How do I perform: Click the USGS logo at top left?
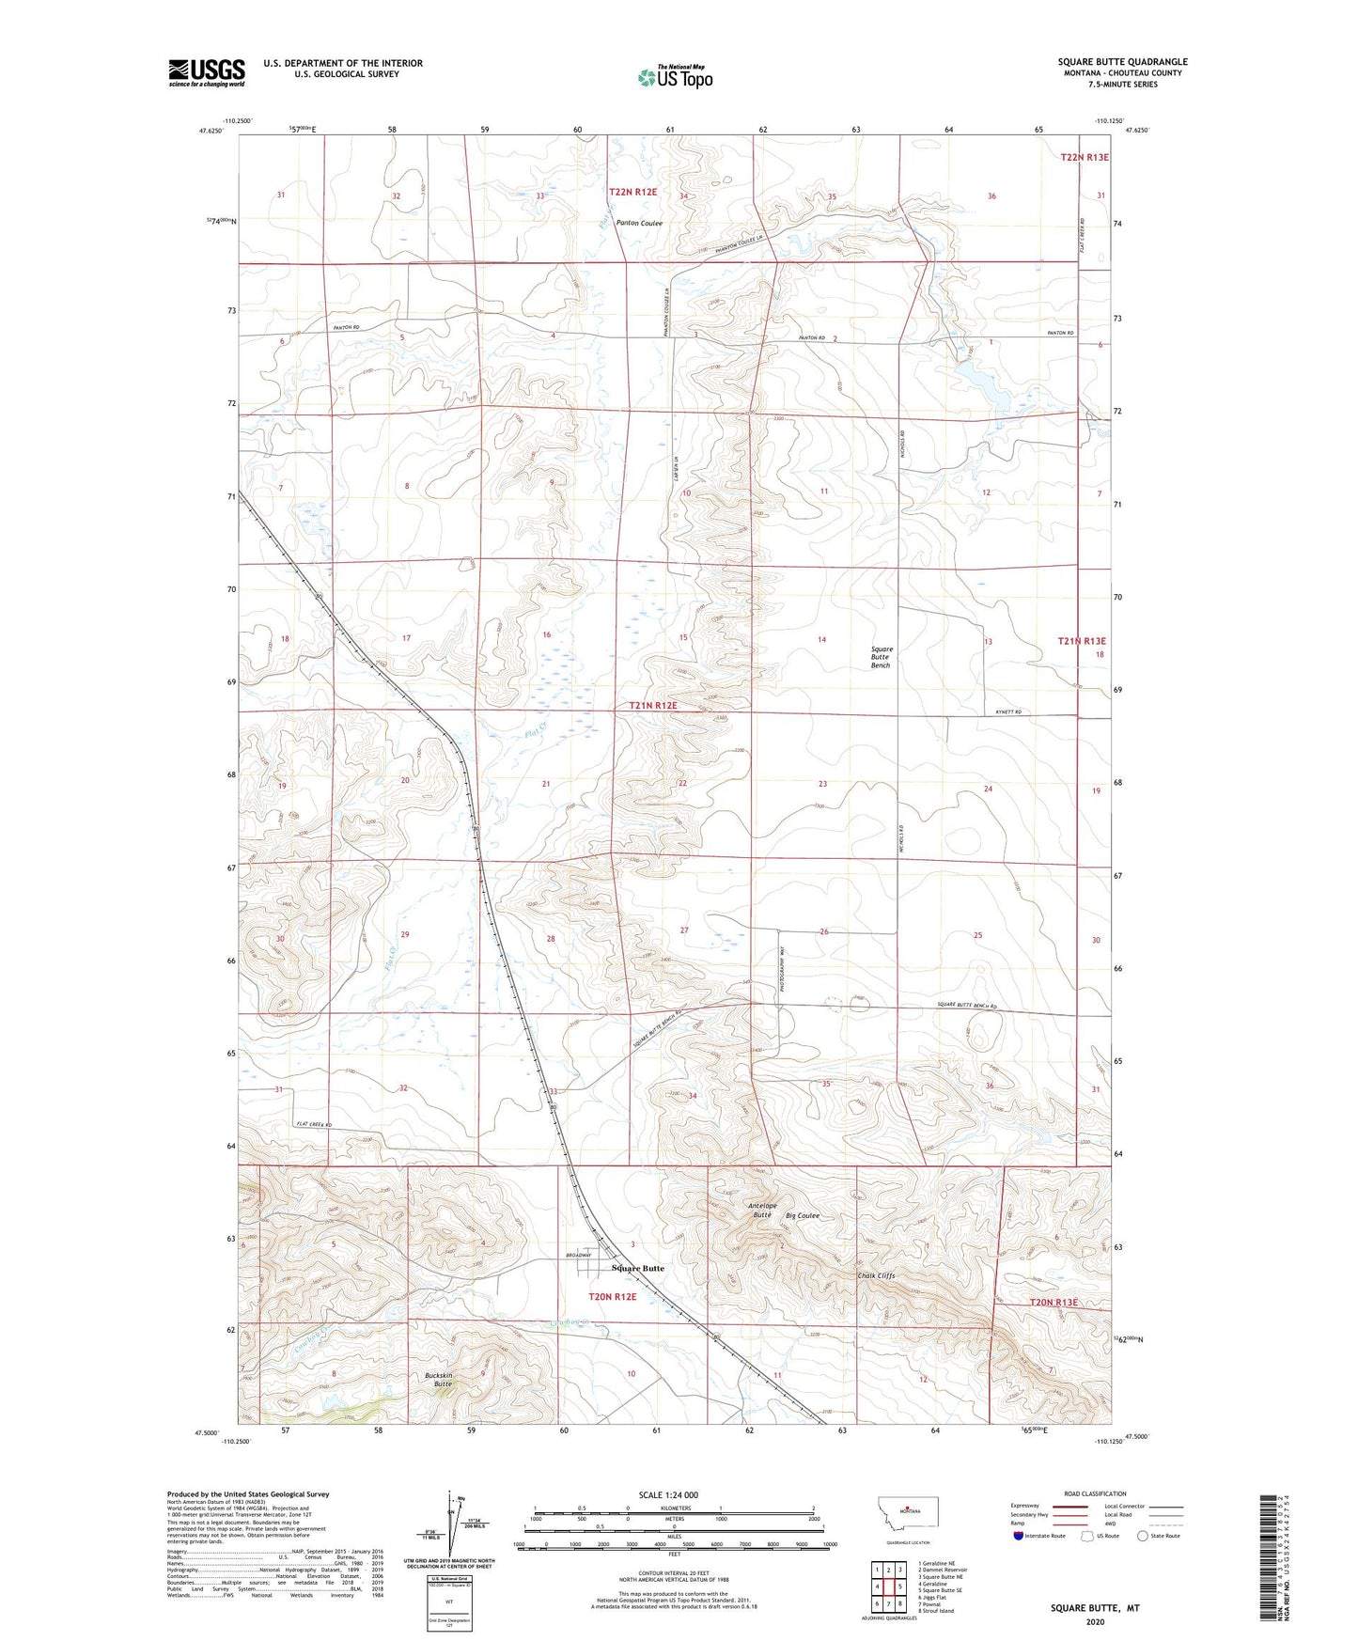[x=206, y=72]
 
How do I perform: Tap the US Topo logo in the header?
[x=674, y=77]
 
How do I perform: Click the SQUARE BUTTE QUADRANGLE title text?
[x=1121, y=62]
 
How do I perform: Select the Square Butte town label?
[x=637, y=1268]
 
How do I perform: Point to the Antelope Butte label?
[x=762, y=1210]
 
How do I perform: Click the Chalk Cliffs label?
[x=876, y=1276]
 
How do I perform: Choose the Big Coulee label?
[x=803, y=1215]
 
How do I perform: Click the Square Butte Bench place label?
[x=881, y=657]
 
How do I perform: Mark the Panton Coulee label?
[x=639, y=224]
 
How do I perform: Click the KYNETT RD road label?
[x=1007, y=712]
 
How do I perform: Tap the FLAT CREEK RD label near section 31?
[x=315, y=1124]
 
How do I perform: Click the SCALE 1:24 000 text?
[x=668, y=1494]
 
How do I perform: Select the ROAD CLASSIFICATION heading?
[x=1096, y=1493]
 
